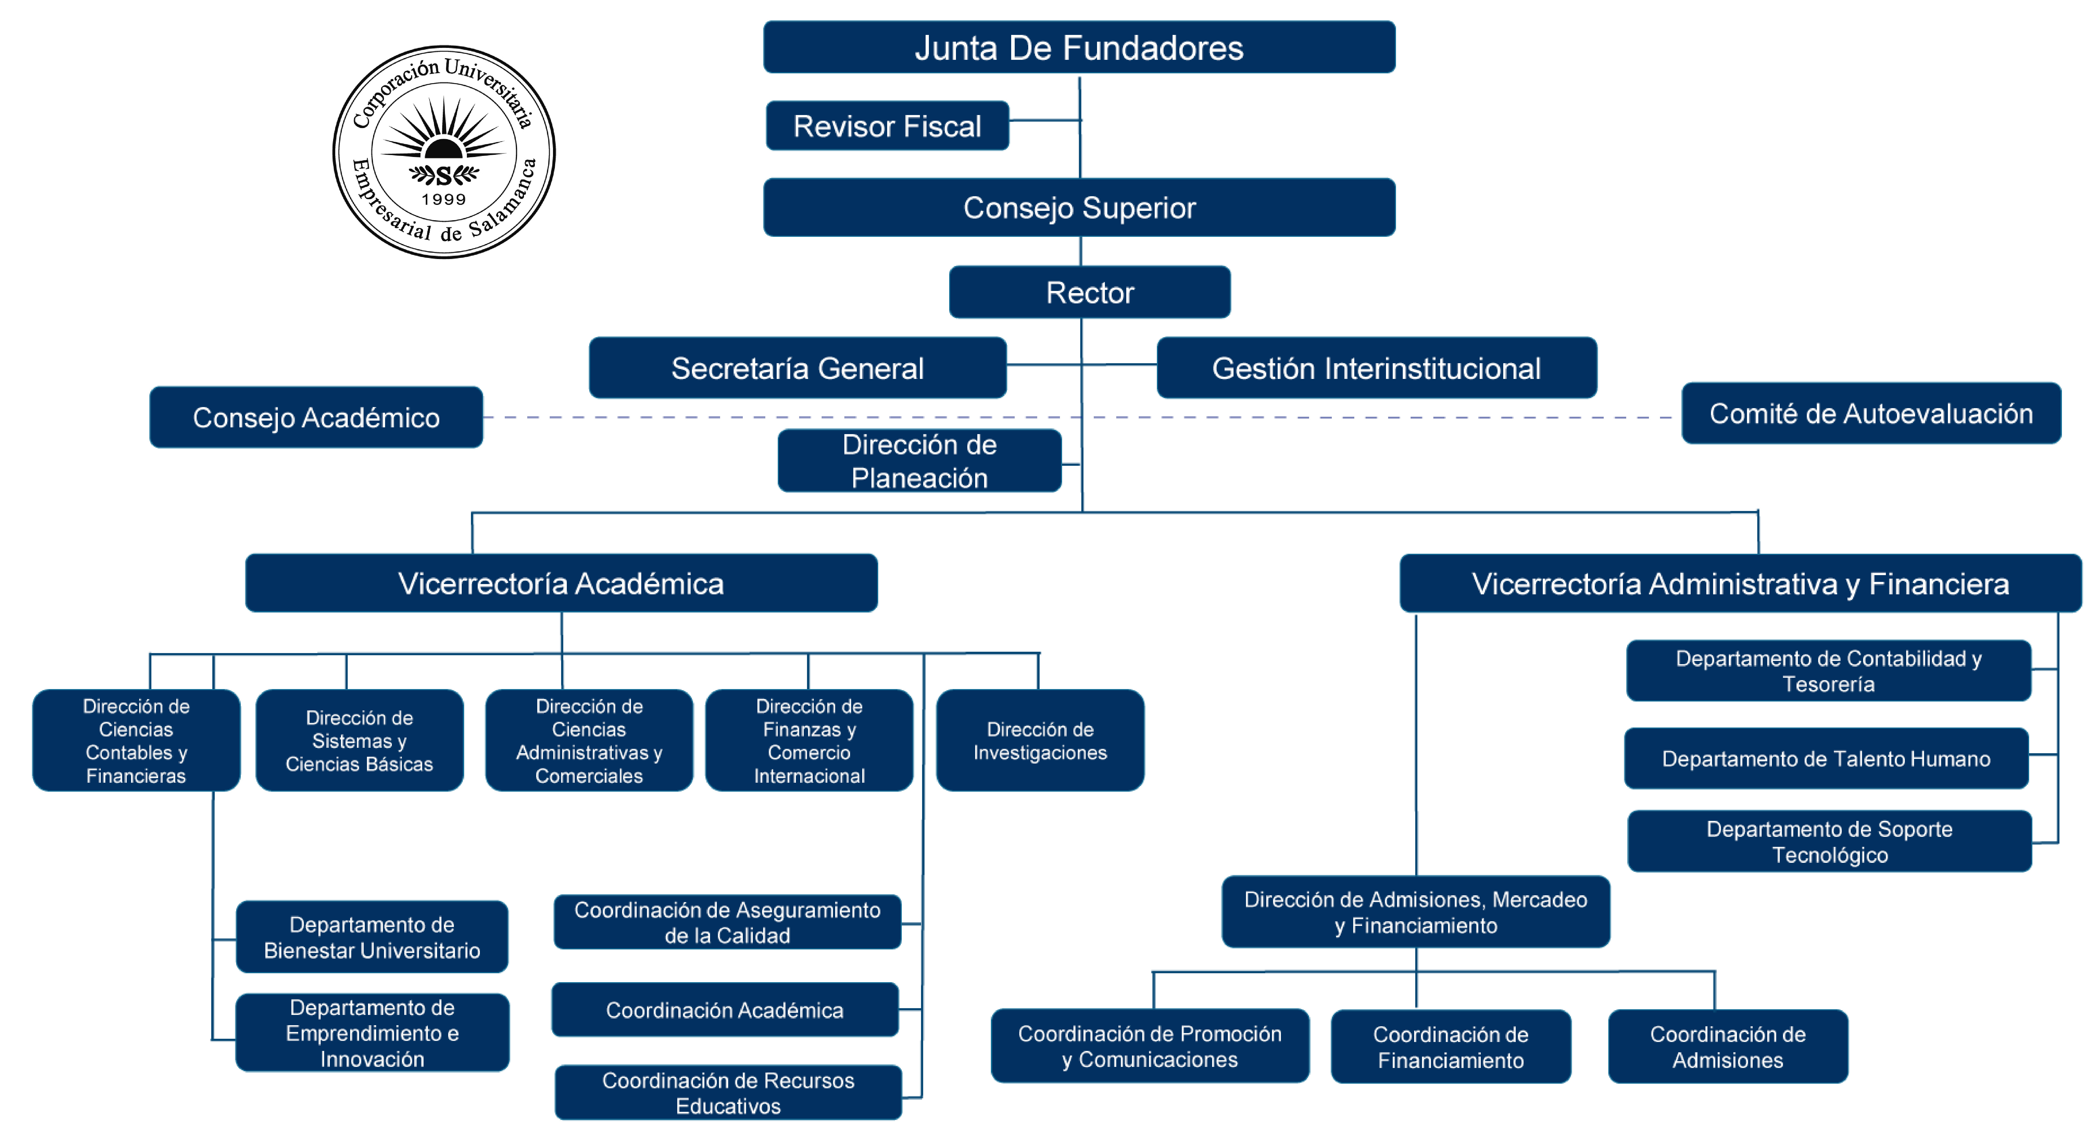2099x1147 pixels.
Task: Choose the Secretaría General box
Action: (x=797, y=368)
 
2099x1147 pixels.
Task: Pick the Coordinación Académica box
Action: (x=724, y=1010)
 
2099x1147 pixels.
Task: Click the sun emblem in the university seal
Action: (x=443, y=135)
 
